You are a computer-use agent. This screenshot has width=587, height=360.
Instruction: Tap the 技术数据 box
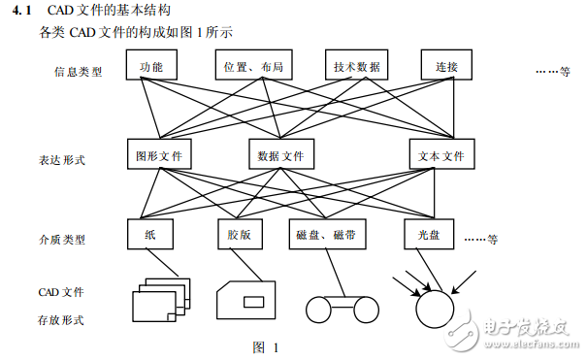pos(356,66)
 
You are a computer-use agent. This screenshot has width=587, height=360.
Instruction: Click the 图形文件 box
pos(160,154)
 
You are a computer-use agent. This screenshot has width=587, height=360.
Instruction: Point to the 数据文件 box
pos(281,154)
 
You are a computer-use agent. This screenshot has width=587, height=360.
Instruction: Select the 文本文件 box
pos(441,154)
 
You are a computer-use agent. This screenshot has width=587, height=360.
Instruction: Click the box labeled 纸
pos(150,235)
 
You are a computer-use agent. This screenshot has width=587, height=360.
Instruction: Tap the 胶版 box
pos(239,235)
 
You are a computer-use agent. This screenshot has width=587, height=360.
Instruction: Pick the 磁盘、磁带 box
pos(328,235)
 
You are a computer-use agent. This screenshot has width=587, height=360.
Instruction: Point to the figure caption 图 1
pos(265,346)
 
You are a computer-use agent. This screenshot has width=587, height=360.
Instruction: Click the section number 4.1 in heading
pos(27,12)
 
